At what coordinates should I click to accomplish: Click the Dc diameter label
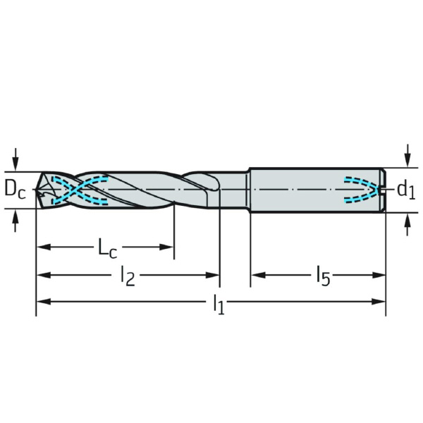pos(16,190)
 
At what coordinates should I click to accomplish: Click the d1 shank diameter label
pos(406,190)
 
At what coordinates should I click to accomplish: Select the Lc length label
pos(107,248)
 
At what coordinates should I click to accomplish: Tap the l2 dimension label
pos(128,276)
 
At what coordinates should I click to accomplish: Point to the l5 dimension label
pos(324,276)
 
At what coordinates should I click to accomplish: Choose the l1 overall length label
pos(219,305)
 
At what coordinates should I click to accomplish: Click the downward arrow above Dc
pos(16,159)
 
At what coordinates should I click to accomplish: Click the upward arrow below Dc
pos(16,221)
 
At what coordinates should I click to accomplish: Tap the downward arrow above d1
pos(407,156)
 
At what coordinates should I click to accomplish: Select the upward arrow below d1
pos(407,224)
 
